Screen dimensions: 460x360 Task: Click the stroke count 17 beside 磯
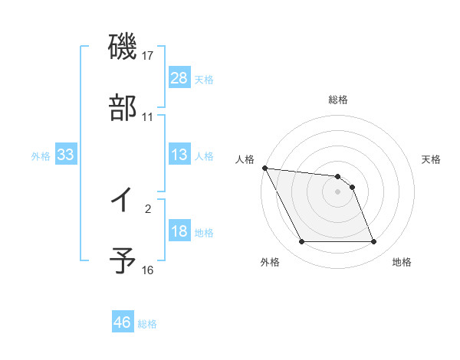(148, 56)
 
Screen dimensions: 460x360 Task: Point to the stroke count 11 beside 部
(148, 117)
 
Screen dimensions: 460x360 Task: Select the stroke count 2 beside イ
(148, 208)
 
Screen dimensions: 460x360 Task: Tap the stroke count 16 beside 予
(148, 270)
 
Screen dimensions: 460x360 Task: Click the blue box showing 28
(179, 77)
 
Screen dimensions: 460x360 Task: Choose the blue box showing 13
(179, 155)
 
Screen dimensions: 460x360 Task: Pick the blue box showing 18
(179, 232)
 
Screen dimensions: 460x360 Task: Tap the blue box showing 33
(65, 155)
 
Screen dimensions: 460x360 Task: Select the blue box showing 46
(123, 322)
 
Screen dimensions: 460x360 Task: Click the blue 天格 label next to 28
(204, 79)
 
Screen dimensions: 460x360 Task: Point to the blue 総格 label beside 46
(147, 324)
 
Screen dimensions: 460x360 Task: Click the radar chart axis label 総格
(338, 100)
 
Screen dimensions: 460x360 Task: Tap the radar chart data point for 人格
(264, 168)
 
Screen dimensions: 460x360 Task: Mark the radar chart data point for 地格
(373, 242)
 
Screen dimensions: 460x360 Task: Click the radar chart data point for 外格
(301, 242)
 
